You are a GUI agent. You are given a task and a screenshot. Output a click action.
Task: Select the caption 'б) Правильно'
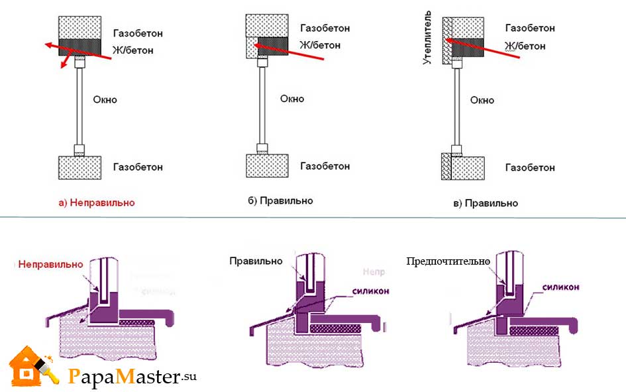point(280,200)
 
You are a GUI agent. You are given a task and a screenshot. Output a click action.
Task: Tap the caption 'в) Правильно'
point(486,203)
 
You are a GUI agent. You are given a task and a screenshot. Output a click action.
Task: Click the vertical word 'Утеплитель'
point(429,37)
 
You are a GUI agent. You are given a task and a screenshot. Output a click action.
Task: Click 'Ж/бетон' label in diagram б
point(320,45)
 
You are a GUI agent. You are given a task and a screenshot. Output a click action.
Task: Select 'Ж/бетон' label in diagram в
point(525,46)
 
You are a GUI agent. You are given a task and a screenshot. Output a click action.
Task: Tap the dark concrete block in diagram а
point(79,47)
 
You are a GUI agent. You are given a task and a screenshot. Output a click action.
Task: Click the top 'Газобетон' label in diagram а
point(138,33)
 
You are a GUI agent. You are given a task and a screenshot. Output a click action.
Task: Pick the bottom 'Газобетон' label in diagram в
point(530,168)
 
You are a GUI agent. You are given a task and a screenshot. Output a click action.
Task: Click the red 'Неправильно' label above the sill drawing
point(51,264)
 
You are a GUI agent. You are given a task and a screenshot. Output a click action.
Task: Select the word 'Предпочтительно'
point(448,261)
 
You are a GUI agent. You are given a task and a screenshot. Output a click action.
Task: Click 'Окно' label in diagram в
point(482,100)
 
